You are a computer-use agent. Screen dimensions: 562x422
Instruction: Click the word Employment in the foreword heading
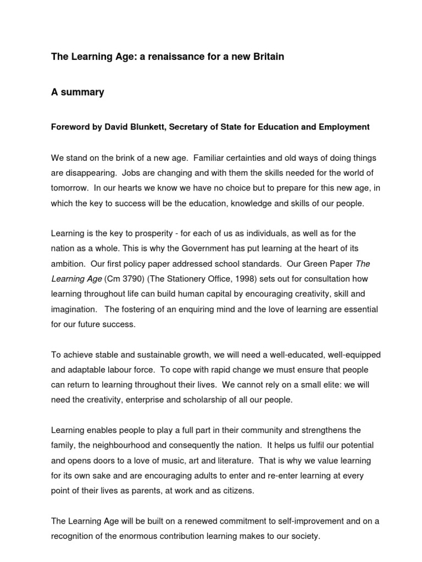346,127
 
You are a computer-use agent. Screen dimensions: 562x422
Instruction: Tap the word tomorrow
70,187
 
